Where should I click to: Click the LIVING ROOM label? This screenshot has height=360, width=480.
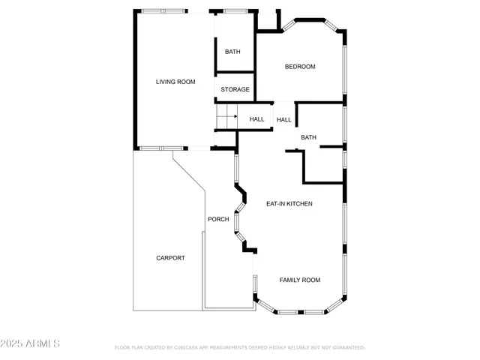[x=175, y=82]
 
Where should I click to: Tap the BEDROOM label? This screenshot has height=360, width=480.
[x=300, y=67]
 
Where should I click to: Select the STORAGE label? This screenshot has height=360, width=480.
[x=235, y=90]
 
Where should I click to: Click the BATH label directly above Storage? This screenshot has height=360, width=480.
[x=232, y=52]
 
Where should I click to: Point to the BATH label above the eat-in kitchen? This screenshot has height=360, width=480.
[x=308, y=137]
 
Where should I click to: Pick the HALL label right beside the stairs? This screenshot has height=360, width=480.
[x=256, y=119]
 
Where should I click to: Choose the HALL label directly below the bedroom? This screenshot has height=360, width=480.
[x=283, y=120]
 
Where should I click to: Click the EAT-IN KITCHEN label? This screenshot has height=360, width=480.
[x=289, y=203]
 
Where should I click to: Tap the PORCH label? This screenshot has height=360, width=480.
[x=218, y=219]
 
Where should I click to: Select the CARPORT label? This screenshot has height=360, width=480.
[x=170, y=258]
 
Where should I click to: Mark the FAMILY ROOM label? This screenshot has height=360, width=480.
[x=300, y=280]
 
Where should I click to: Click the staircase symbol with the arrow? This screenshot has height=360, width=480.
[x=226, y=117]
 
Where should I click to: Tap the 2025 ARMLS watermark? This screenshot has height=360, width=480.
[x=31, y=343]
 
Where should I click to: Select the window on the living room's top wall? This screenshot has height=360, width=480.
[x=164, y=10]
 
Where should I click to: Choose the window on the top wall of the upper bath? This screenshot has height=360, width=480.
[x=235, y=10]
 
